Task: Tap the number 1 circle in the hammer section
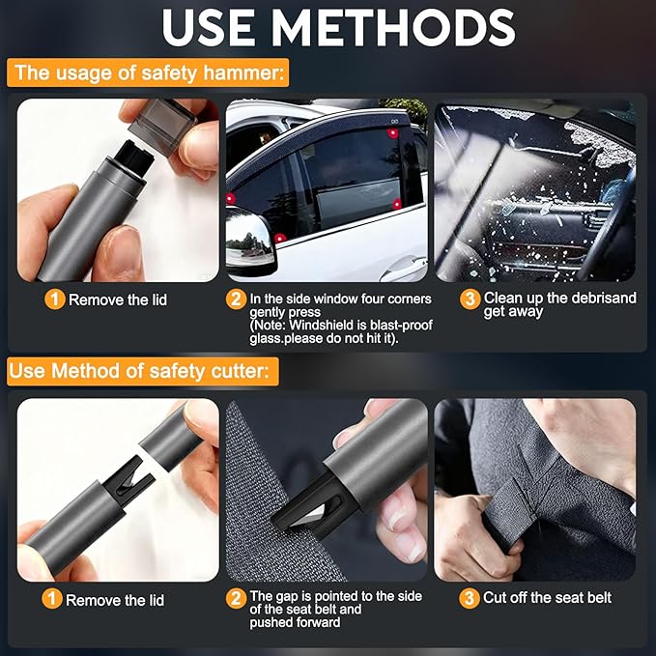coord(55,299)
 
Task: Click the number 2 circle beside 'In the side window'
coord(236,299)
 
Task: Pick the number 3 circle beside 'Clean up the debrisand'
coord(470,299)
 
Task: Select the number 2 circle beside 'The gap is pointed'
coord(236,599)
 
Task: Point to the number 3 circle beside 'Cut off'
coord(470,599)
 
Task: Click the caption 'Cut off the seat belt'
coord(548,599)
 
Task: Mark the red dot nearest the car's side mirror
coord(279,237)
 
